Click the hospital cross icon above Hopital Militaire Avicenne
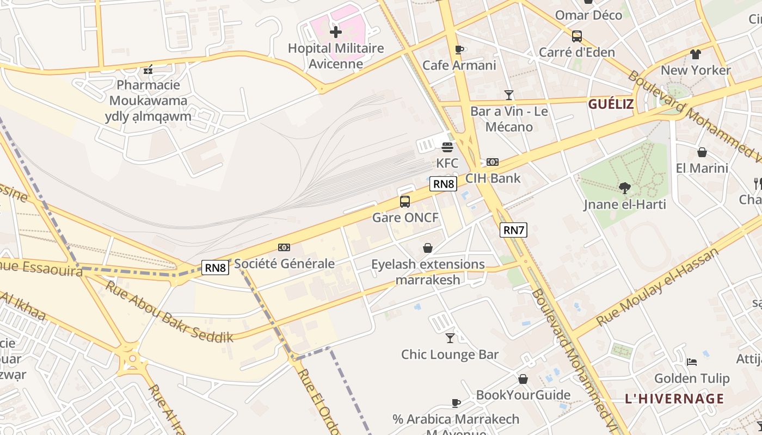tap(336, 32)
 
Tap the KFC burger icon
tap(447, 147)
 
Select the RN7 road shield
tap(513, 230)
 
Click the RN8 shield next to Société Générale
tap(215, 267)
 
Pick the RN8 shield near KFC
tap(443, 184)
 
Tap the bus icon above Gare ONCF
tap(405, 202)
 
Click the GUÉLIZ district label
tap(611, 104)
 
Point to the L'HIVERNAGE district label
tap(674, 398)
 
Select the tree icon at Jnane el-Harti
tap(625, 188)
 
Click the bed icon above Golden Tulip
tap(692, 362)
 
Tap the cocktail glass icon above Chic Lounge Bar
tap(450, 338)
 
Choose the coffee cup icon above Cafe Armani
tap(459, 49)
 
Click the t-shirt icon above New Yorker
tap(696, 54)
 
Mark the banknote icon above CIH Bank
tap(493, 162)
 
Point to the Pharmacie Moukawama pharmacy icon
tap(148, 69)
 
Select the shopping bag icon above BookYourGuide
tap(523, 379)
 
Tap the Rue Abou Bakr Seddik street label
tap(169, 311)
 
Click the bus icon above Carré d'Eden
tap(577, 36)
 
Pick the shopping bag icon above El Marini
tap(702, 152)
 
